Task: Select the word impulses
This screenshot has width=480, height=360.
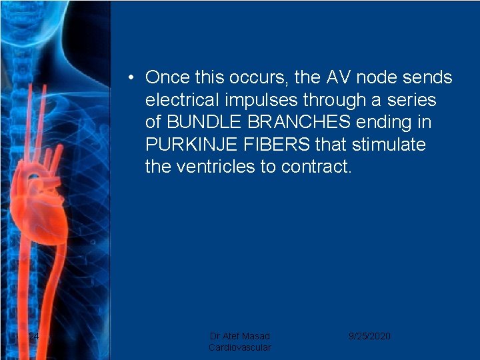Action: pyautogui.click(x=259, y=100)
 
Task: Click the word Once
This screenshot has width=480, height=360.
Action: pyautogui.click(x=168, y=77)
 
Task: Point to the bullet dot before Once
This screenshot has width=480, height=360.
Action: pyautogui.click(x=134, y=78)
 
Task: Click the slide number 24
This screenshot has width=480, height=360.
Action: pyautogui.click(x=34, y=336)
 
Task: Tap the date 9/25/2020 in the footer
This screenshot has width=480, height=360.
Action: pyautogui.click(x=369, y=336)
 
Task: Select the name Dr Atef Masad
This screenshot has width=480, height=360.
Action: pyautogui.click(x=240, y=336)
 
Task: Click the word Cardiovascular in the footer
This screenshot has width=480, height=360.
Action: pyautogui.click(x=240, y=347)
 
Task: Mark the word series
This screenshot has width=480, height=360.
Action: pyautogui.click(x=411, y=100)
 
